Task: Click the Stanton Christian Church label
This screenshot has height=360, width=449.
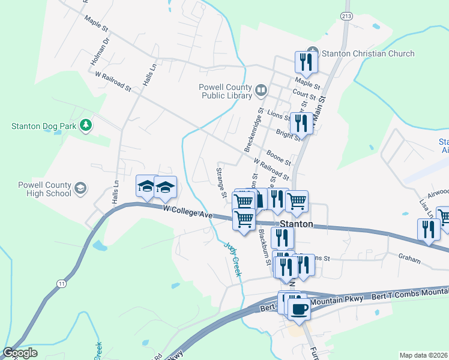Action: [368, 53]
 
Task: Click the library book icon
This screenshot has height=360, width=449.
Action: [261, 91]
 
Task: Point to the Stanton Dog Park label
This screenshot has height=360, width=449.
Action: [44, 126]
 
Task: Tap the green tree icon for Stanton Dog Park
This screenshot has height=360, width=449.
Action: [86, 125]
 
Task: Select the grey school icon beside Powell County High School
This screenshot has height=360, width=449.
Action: [79, 190]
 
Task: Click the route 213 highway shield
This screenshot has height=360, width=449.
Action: [345, 15]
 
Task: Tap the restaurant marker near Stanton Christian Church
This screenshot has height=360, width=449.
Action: [306, 62]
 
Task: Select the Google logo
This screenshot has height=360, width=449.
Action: [20, 352]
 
